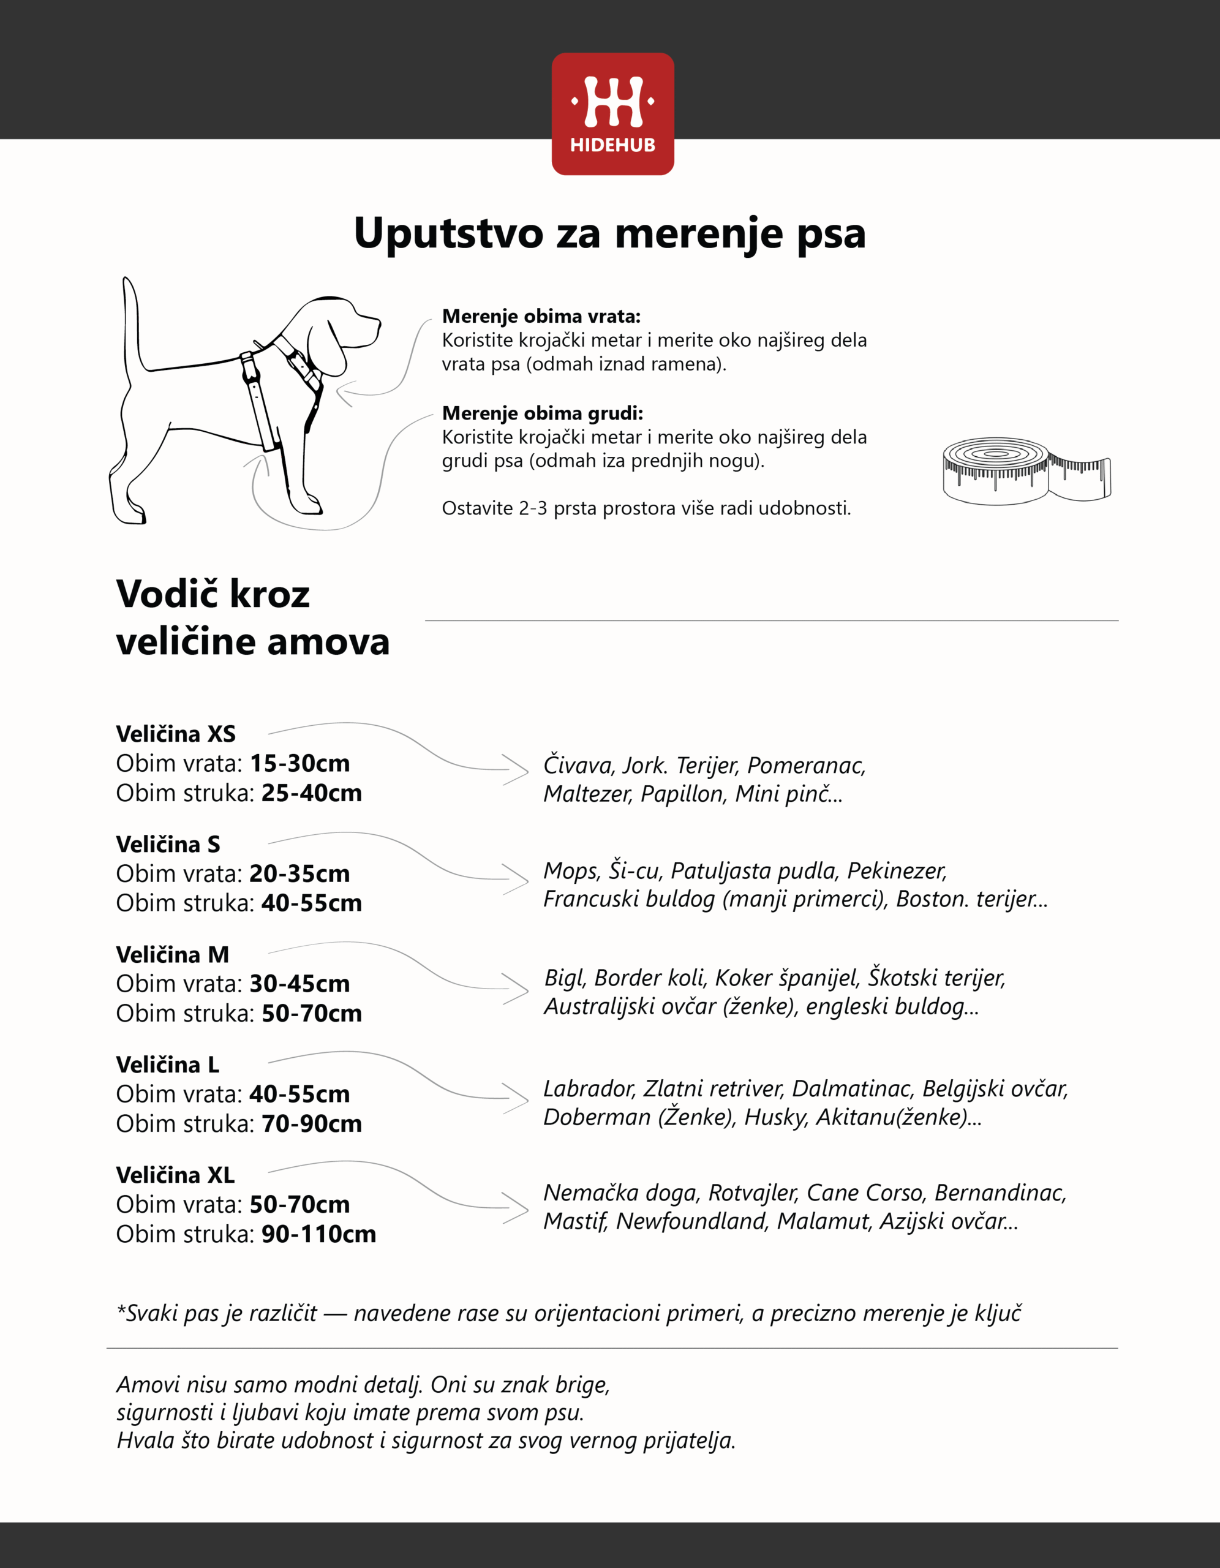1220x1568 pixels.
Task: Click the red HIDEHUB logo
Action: pyautogui.click(x=612, y=113)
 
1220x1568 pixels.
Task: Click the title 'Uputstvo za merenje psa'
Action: pyautogui.click(x=609, y=233)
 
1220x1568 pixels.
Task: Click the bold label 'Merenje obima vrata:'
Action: pyautogui.click(x=541, y=316)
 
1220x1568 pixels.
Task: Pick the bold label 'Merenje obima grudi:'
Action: pyautogui.click(x=542, y=413)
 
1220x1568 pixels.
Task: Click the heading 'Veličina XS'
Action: pyautogui.click(x=176, y=734)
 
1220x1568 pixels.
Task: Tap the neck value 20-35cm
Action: pyautogui.click(x=299, y=874)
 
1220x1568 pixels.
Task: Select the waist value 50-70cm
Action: pyautogui.click(x=312, y=1013)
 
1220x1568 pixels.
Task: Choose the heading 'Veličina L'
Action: pyautogui.click(x=167, y=1065)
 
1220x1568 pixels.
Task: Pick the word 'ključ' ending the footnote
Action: pyautogui.click(x=998, y=1313)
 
